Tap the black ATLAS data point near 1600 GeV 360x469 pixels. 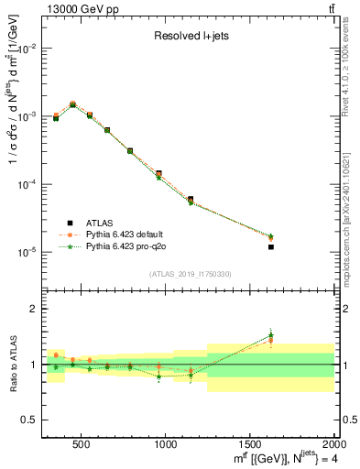coord(270,246)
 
